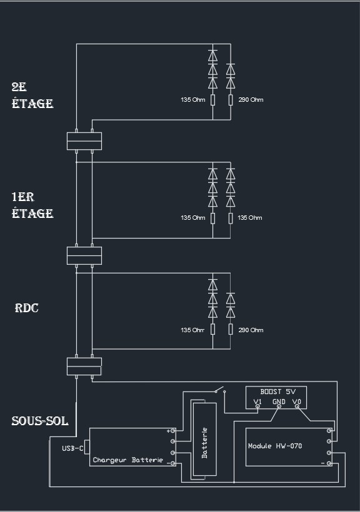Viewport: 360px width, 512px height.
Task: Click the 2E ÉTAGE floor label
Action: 32,95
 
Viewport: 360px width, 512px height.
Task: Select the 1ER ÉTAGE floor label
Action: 32,205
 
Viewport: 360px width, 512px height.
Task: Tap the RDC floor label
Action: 26,308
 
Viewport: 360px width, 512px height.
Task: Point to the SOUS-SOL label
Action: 40,421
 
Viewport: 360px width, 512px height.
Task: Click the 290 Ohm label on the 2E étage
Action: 251,100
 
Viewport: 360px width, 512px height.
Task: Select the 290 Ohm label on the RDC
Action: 251,330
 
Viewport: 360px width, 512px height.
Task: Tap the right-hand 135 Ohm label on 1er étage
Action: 250,217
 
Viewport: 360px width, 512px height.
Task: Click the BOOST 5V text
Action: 278,391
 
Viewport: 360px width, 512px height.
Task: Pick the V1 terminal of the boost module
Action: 257,406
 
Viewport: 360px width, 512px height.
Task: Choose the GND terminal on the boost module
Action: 279,406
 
